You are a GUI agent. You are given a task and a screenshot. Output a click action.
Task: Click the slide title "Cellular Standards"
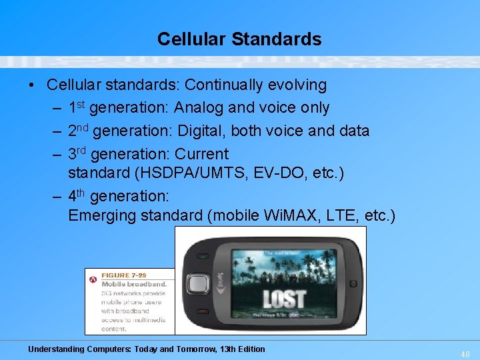(x=239, y=39)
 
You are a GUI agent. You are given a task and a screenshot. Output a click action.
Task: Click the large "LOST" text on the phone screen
(x=284, y=298)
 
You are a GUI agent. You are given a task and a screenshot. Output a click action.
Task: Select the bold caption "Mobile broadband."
(x=133, y=284)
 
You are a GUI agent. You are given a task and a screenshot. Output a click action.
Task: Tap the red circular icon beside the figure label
(x=93, y=279)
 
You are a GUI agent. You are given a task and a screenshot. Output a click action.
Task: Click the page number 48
(x=465, y=355)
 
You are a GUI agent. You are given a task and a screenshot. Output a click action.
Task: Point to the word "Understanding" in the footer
(x=56, y=349)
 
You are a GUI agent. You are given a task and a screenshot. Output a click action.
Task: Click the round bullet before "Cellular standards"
(x=31, y=85)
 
